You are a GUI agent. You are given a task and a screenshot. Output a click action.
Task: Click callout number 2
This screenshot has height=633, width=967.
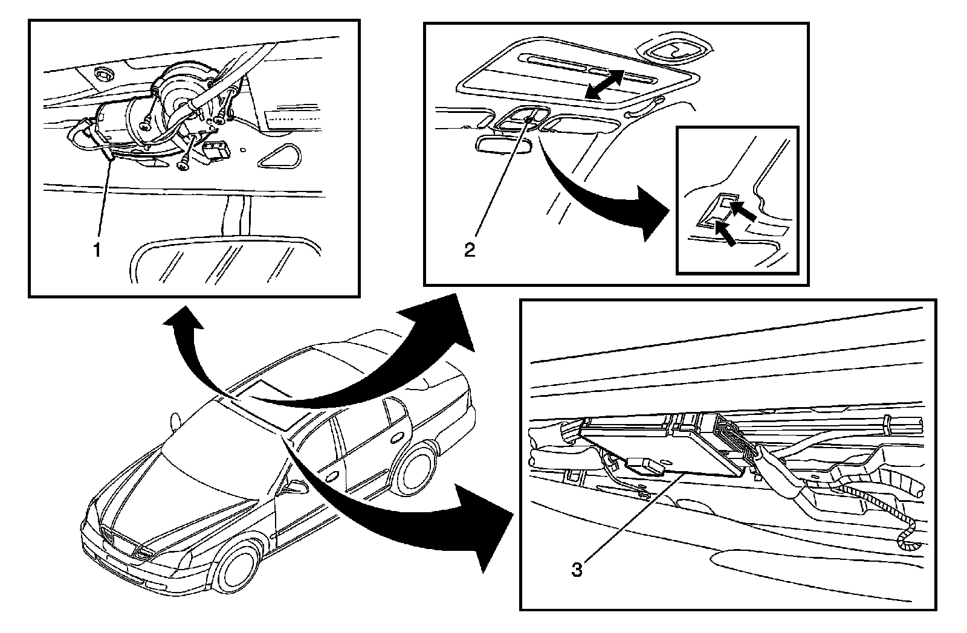[469, 249]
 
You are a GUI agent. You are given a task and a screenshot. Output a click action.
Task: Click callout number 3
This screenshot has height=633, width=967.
[577, 568]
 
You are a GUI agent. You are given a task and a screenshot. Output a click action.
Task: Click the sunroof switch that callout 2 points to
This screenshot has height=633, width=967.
[528, 120]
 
